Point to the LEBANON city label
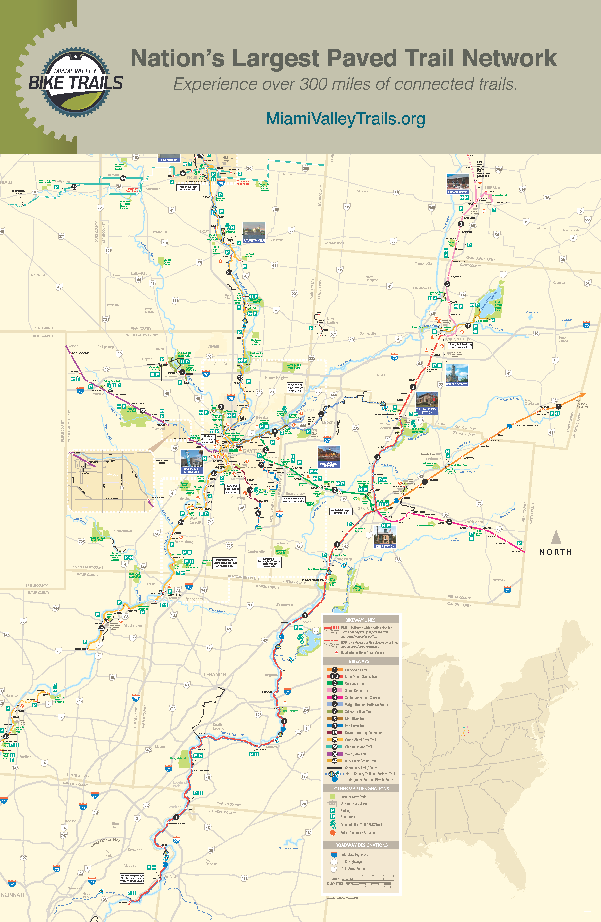(x=215, y=674)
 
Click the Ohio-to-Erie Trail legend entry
(x=356, y=670)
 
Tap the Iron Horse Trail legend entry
(x=355, y=726)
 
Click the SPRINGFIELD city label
(x=457, y=339)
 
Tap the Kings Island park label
(x=178, y=758)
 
